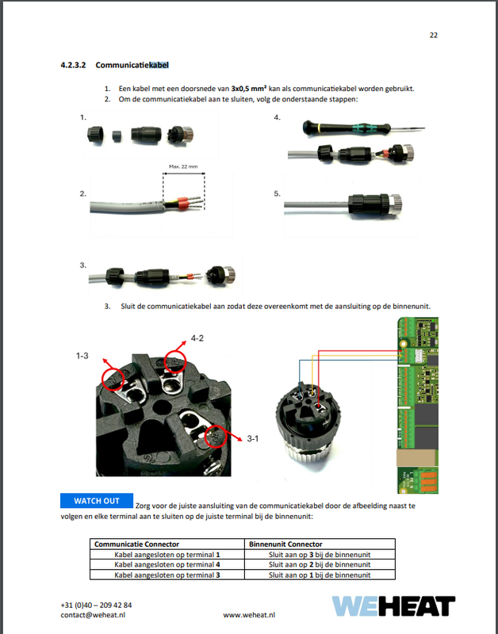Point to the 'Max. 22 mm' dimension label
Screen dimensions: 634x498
(182, 167)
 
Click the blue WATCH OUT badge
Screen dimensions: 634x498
(97, 501)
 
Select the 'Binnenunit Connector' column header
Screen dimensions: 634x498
(285, 544)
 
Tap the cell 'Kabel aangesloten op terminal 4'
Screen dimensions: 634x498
(167, 565)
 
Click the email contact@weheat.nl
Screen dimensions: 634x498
(94, 614)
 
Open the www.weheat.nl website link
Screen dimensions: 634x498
(249, 614)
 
